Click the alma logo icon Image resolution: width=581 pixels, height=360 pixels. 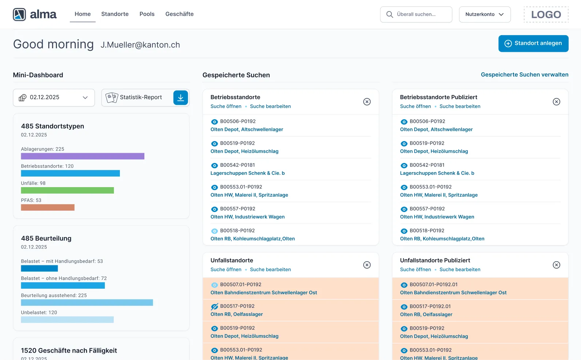pos(19,15)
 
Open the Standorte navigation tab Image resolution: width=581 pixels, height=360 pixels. pos(115,14)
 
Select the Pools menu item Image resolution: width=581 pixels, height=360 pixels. pos(147,14)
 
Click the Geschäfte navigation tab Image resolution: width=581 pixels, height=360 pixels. pos(179,14)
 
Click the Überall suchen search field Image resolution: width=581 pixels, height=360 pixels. pos(416,15)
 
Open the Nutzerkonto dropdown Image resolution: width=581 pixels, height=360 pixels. pos(485,15)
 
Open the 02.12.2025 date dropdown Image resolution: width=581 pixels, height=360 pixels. pos(54,98)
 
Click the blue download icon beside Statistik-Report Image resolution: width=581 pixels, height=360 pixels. pos(181,98)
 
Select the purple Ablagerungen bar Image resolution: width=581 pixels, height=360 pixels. pos(83,156)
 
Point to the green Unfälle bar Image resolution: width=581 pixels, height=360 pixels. pos(67,190)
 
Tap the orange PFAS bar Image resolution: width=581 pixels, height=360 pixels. pos(48,208)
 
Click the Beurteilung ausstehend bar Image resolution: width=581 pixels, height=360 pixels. pos(87,303)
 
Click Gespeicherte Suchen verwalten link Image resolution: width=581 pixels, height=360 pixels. pos(524,75)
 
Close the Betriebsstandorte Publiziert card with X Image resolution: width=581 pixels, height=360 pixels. pos(556,102)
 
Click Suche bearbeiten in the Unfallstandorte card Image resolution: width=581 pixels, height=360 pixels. pos(270,270)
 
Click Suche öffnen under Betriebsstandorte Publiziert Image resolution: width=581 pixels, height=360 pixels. pos(415,106)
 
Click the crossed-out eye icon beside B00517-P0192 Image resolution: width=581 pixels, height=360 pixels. pos(214,307)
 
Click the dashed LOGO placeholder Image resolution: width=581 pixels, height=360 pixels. pos(546,15)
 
